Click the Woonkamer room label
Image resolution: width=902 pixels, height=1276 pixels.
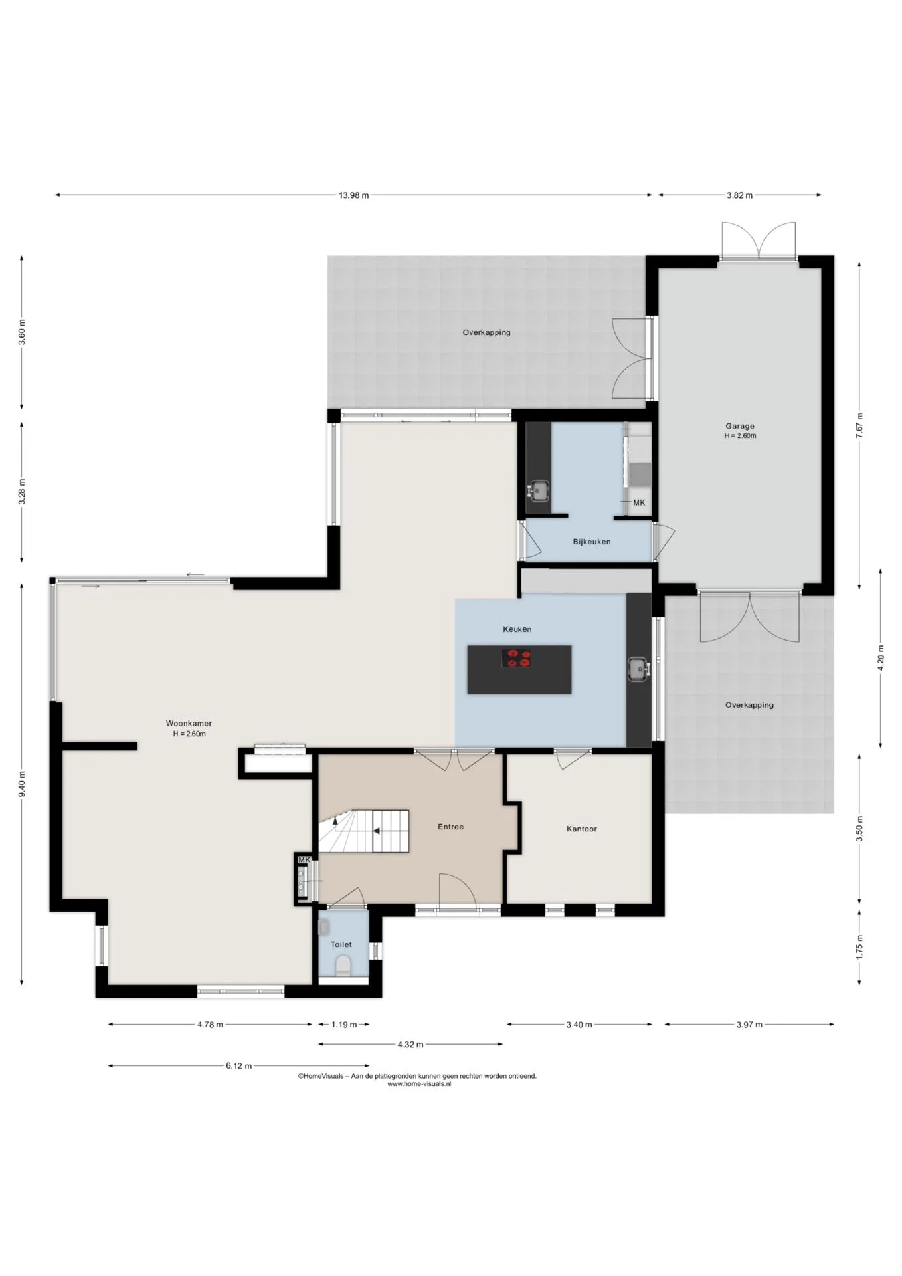[189, 724]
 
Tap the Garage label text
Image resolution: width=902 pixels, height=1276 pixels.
[739, 426]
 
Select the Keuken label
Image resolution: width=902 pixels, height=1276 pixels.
[517, 629]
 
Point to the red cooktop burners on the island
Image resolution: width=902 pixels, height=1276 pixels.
[517, 658]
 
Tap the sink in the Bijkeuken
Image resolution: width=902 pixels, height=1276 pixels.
[538, 490]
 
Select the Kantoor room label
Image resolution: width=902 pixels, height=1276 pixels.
[582, 829]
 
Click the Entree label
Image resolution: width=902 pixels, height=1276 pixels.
[450, 827]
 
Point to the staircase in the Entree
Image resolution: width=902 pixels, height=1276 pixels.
[363, 831]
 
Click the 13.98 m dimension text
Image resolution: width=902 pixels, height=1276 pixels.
[353, 195]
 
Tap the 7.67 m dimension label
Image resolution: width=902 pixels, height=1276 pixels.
[859, 425]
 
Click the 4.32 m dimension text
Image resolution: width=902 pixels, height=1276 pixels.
[410, 1044]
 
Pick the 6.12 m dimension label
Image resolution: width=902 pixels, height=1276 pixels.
[238, 1065]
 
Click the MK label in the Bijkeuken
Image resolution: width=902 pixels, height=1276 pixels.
[639, 503]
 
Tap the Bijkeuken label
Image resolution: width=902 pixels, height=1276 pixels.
[592, 542]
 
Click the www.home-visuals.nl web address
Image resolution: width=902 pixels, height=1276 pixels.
[419, 1083]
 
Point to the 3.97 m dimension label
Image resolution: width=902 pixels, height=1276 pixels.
[749, 1024]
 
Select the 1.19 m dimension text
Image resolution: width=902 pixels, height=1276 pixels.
[344, 1024]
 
